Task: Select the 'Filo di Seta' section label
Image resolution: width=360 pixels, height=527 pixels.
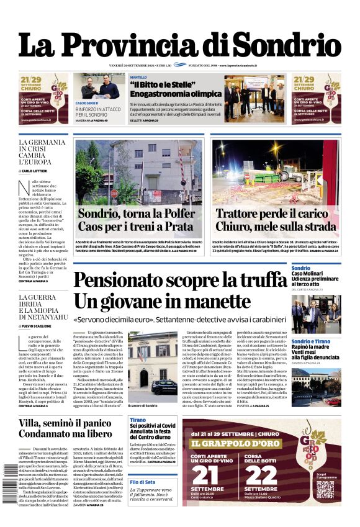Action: click(x=143, y=482)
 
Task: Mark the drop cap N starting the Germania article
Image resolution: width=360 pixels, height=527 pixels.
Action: click(x=24, y=186)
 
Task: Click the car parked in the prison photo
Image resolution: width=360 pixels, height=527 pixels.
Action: click(x=164, y=386)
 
